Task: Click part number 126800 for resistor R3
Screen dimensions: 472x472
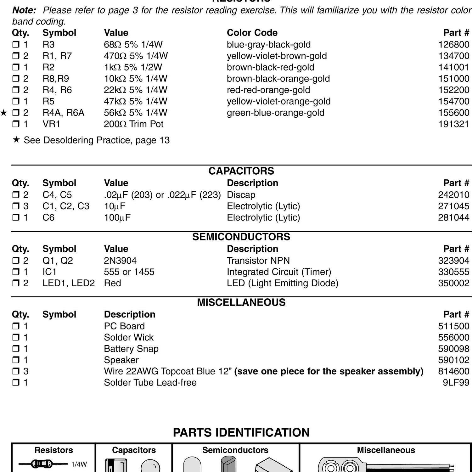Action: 453,44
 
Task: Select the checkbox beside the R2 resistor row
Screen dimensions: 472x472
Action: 16,67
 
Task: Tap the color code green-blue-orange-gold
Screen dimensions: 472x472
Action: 275,113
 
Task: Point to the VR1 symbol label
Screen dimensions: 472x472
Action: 51,124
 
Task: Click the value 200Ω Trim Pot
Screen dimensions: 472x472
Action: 133,124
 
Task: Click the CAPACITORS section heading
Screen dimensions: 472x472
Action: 241,171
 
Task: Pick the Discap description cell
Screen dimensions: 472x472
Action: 241,195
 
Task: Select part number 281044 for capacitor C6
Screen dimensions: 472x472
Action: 453,217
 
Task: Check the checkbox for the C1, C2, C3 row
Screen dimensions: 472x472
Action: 16,206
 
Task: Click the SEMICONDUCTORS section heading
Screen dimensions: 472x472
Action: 241,237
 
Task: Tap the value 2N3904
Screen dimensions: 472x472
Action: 120,261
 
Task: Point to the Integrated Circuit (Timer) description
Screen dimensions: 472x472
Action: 279,272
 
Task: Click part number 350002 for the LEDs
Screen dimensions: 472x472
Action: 453,283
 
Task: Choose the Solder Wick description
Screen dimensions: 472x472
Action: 129,337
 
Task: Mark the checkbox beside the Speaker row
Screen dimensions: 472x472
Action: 16,360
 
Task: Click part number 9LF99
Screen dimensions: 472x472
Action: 456,383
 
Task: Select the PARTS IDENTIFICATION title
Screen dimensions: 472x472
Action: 241,433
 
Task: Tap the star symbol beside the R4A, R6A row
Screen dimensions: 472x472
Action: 4,113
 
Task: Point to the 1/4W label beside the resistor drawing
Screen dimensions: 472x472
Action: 79,464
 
